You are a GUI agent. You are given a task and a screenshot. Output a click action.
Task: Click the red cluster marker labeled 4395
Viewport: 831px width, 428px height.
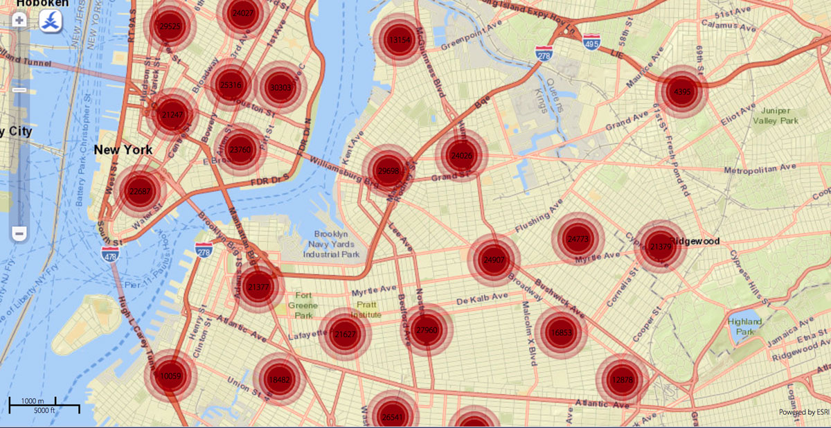(682, 91)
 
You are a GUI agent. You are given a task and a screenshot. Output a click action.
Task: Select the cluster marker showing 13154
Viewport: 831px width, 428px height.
(400, 40)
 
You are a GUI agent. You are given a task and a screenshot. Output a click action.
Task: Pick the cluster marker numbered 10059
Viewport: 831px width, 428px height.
(170, 376)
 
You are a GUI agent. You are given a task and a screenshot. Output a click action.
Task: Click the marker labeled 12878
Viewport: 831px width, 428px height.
(621, 380)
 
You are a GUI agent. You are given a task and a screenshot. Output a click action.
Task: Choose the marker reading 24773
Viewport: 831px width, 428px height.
(577, 239)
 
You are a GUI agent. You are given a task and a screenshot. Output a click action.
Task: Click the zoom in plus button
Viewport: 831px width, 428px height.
(19, 20)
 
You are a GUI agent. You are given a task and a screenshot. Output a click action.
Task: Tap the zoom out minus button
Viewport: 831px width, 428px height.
(19, 233)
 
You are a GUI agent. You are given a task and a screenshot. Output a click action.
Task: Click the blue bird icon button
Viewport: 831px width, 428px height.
(50, 21)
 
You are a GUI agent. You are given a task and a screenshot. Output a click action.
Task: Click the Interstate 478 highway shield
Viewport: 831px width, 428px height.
(109, 254)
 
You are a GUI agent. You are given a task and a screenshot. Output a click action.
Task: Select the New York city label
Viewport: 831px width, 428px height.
(123, 150)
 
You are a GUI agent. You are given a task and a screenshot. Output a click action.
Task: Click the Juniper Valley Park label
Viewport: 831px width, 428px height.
(779, 115)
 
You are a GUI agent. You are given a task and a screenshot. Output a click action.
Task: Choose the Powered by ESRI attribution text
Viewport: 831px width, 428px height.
(803, 412)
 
